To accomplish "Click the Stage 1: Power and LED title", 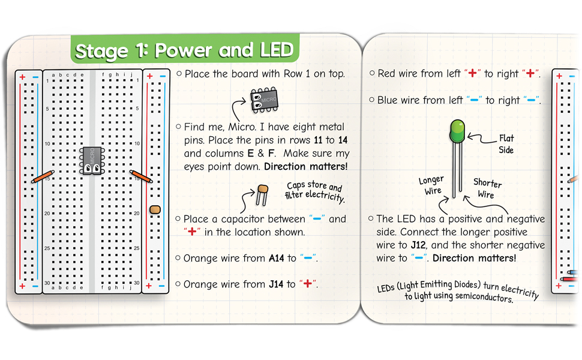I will point(185,50).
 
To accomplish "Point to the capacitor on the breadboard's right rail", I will point(155,209).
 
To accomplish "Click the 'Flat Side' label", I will point(506,144).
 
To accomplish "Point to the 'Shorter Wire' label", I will point(487,188).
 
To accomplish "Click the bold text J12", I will point(419,245).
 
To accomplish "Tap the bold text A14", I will point(275,259).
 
